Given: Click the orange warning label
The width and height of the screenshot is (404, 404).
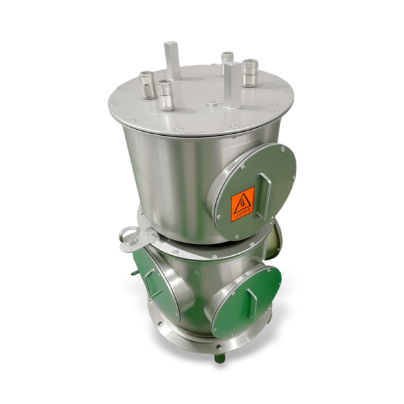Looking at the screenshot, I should click(x=242, y=204).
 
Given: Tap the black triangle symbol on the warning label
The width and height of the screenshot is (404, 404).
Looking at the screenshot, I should click(x=243, y=199).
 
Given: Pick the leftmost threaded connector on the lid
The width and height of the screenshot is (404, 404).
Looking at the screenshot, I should click(x=148, y=85).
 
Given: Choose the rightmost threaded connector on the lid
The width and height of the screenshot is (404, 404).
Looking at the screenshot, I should click(x=250, y=73).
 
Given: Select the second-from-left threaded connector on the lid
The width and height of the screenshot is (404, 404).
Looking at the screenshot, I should click(x=165, y=95).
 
